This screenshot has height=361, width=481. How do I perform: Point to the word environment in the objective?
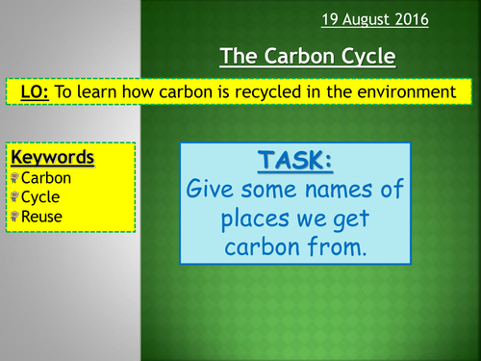(405, 91)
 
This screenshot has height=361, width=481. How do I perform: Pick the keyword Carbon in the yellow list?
(45, 177)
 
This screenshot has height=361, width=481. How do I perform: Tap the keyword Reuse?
(41, 217)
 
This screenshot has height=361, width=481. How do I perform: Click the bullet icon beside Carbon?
(13, 177)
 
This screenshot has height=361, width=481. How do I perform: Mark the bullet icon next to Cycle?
(13, 196)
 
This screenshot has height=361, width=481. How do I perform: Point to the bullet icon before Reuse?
(13, 217)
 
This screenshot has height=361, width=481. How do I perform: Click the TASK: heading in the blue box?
(293, 159)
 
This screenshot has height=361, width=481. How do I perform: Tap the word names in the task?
(321, 188)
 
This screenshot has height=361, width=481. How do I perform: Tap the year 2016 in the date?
(444, 18)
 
